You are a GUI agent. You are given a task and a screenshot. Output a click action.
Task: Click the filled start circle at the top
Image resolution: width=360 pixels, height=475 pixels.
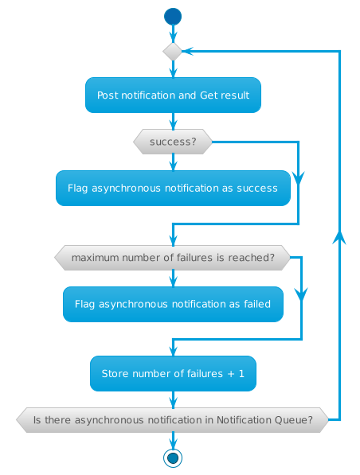point(173,16)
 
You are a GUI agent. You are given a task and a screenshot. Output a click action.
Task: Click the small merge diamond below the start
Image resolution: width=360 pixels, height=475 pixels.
point(173,51)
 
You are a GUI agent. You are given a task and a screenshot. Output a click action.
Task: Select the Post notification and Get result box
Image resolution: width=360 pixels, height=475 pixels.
point(173,95)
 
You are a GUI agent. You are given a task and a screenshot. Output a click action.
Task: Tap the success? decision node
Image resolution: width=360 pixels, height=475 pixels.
point(173,142)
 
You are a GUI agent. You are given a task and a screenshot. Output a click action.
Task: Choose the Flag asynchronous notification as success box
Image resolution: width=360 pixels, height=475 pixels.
point(173,189)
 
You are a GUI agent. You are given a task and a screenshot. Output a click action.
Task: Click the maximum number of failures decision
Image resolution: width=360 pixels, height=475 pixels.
point(172,258)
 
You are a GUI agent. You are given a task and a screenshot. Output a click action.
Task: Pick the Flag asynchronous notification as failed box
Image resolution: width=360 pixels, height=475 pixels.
point(173,304)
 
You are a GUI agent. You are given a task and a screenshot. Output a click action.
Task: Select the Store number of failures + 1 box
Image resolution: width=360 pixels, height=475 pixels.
point(173,374)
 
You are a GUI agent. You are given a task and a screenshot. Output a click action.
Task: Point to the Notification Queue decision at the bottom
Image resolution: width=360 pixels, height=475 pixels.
point(172,419)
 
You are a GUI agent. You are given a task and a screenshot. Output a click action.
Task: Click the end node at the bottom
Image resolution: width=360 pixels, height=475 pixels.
point(173,457)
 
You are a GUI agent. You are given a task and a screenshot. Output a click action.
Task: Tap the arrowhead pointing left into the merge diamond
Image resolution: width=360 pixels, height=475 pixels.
point(188,51)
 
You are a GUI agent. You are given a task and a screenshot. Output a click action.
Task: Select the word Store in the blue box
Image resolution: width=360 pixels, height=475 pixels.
point(115,374)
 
